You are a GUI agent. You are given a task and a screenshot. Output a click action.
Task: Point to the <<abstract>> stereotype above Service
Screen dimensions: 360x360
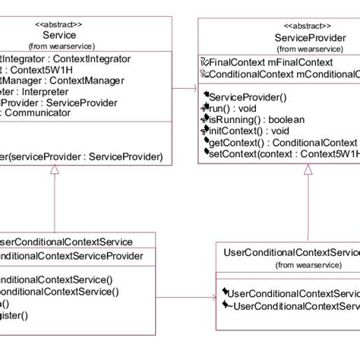[x=58, y=24]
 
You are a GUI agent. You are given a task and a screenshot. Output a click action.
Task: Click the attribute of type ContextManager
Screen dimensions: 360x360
[x=61, y=79]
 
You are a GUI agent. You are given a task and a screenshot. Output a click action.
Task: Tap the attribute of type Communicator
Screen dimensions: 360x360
[x=46, y=112]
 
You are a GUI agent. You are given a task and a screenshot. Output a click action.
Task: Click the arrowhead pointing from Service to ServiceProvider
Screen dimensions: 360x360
[x=193, y=90]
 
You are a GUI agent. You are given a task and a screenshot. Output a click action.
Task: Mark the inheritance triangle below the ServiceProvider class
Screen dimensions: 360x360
[x=307, y=171]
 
